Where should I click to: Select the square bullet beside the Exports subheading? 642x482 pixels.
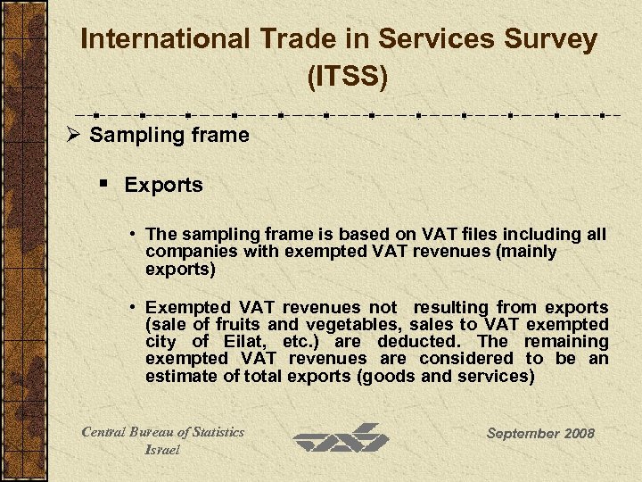(x=105, y=185)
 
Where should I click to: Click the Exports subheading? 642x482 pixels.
(x=164, y=186)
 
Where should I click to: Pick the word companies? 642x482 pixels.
(x=185, y=252)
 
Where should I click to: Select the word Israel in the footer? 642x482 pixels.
(x=162, y=450)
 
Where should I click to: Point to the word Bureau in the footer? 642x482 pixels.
(x=158, y=432)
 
